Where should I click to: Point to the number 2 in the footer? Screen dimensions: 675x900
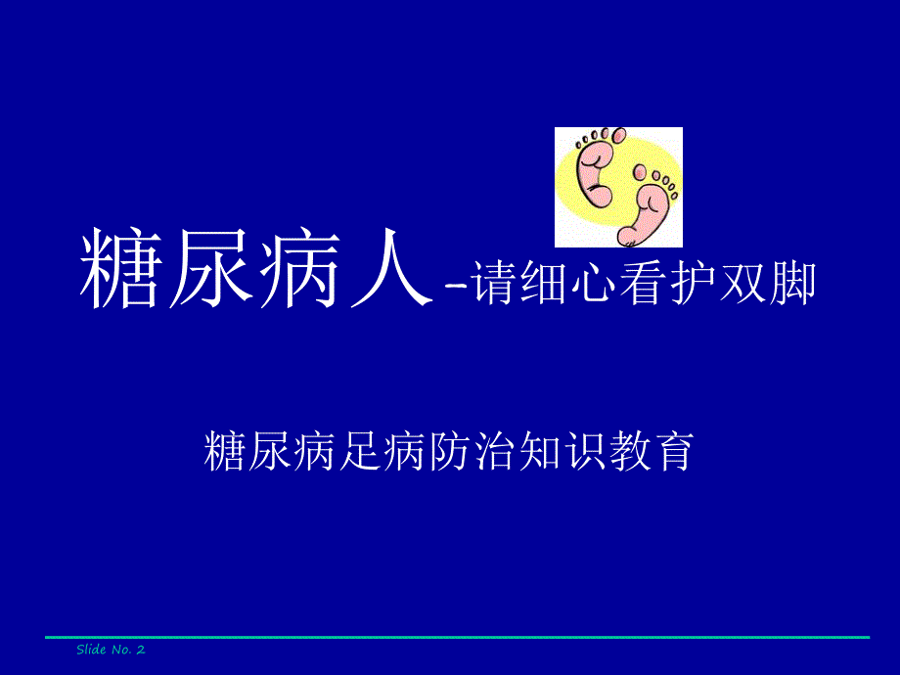[x=140, y=650]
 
